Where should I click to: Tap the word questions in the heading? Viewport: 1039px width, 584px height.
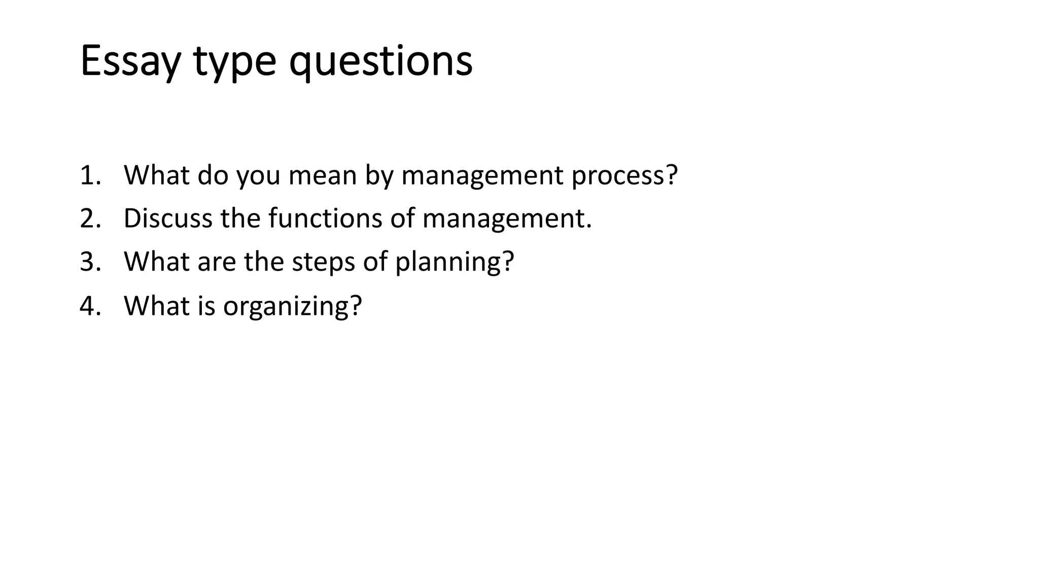(380, 62)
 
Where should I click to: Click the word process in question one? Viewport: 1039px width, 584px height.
(624, 176)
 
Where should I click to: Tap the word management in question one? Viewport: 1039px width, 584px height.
(482, 176)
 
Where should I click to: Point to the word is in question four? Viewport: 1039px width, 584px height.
(206, 306)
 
